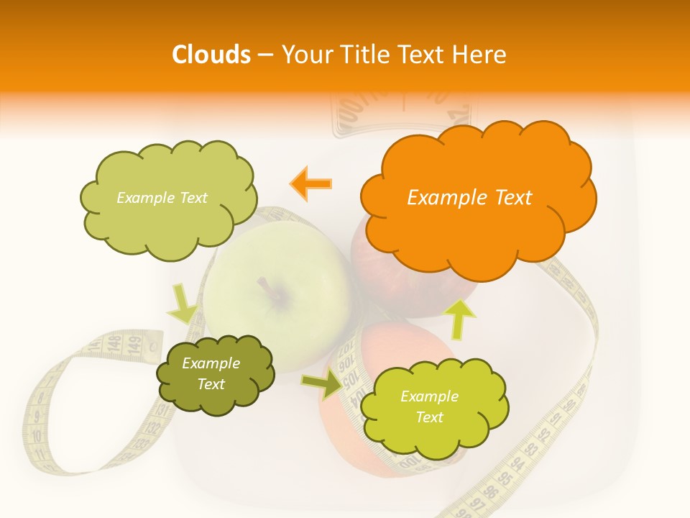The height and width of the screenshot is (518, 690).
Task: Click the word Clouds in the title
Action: (x=211, y=55)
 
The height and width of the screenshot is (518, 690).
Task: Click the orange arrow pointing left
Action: (x=311, y=183)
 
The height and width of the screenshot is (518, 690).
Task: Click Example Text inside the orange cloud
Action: (x=469, y=198)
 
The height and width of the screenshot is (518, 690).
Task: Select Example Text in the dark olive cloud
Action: (x=211, y=374)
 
